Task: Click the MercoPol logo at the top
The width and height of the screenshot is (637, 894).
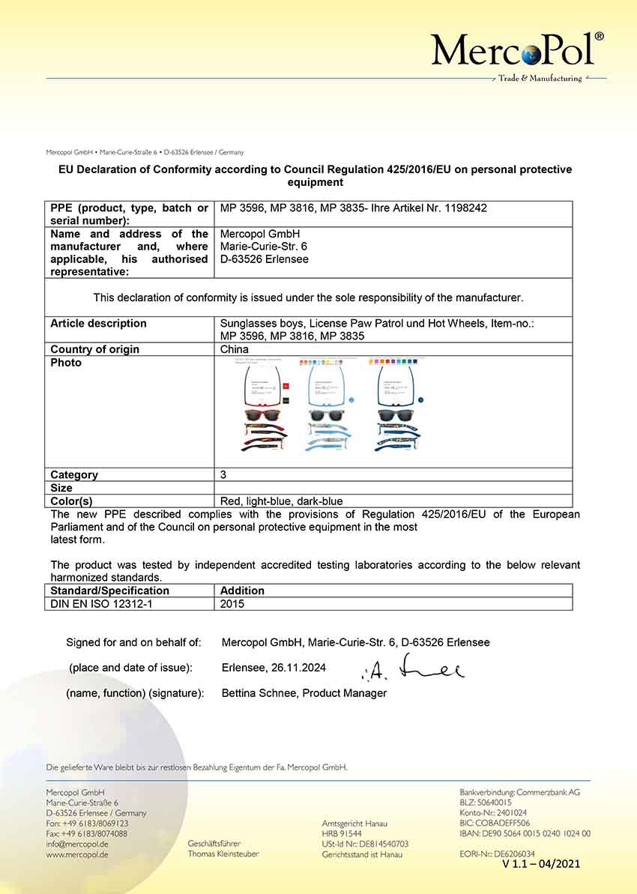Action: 517,51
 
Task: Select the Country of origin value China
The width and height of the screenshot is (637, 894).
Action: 235,349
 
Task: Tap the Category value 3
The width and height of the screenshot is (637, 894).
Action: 223,474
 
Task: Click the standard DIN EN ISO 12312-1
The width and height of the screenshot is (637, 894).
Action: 101,603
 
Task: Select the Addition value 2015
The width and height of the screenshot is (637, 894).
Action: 232,603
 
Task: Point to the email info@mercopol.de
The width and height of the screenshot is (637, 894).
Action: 76,844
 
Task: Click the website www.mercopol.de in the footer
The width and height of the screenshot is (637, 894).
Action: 77,854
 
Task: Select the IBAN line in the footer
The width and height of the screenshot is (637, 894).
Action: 525,833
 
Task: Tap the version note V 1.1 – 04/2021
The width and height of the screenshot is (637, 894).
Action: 541,864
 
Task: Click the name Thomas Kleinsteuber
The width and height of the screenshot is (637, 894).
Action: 223,854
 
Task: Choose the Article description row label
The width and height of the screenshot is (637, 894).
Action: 98,323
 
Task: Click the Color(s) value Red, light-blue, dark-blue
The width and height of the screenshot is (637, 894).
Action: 281,501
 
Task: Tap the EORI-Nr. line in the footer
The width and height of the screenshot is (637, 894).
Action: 497,854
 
